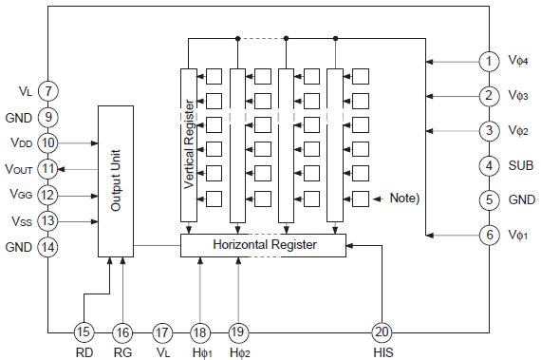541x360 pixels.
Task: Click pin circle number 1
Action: click(490, 61)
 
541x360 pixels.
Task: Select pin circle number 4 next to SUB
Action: click(490, 165)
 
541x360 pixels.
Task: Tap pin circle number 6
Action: click(490, 235)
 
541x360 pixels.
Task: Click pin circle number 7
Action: click(48, 91)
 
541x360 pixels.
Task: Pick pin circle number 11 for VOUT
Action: click(48, 168)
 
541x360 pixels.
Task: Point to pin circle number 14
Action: click(48, 247)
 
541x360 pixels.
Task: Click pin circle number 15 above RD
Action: click(84, 332)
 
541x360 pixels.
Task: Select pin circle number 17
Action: click(162, 332)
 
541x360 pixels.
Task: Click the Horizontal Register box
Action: click(263, 245)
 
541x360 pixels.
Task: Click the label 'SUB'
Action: click(521, 165)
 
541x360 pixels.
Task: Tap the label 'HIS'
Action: click(383, 351)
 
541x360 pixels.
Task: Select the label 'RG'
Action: click(122, 351)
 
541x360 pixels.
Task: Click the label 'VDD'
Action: click(21, 142)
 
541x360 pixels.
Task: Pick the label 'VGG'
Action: click(21, 195)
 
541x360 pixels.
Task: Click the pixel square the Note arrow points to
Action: click(361, 199)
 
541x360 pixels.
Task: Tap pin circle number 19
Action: click(238, 332)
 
